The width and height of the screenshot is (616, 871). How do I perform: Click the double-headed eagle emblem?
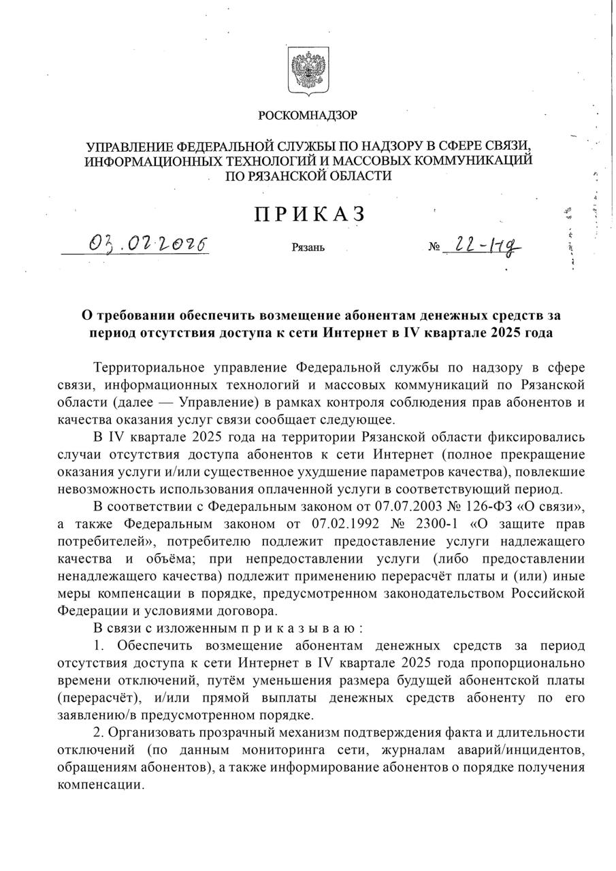pyautogui.click(x=308, y=69)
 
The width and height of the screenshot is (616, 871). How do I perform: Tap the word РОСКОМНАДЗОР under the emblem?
pyautogui.click(x=308, y=115)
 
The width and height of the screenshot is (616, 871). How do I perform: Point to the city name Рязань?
pyautogui.click(x=308, y=247)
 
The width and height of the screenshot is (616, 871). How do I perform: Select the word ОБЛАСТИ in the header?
pyautogui.click(x=361, y=176)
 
